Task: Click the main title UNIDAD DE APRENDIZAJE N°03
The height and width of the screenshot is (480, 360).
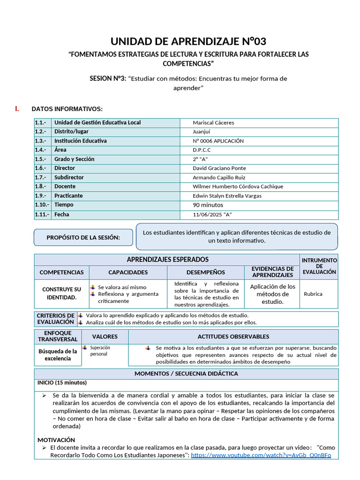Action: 188,41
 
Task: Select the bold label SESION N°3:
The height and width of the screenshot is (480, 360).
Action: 108,78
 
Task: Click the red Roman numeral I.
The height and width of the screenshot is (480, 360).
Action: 17,109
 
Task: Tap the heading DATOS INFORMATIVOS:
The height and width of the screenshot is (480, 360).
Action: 67,109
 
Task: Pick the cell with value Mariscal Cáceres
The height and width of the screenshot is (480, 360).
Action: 213,123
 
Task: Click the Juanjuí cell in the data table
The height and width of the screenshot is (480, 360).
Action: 202,132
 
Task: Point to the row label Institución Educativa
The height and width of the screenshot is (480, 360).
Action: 80,141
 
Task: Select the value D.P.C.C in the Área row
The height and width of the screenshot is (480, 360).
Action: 202,150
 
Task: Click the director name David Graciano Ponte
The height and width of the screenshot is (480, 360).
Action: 219,168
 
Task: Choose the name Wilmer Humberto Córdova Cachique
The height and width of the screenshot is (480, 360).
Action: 238,187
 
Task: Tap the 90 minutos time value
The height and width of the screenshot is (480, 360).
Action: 208,205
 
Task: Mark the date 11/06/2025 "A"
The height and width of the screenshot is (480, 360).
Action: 212,215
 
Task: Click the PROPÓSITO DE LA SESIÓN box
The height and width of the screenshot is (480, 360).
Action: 83,238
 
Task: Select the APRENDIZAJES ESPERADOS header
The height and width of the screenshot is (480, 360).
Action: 168,260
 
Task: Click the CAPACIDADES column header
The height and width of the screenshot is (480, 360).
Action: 128,272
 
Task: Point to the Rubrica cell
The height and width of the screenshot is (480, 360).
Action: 313,294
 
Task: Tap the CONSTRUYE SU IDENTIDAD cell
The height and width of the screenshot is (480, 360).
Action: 61,293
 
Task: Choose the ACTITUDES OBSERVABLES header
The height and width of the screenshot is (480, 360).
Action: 233,337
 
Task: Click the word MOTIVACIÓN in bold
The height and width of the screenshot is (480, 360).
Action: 56,440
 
